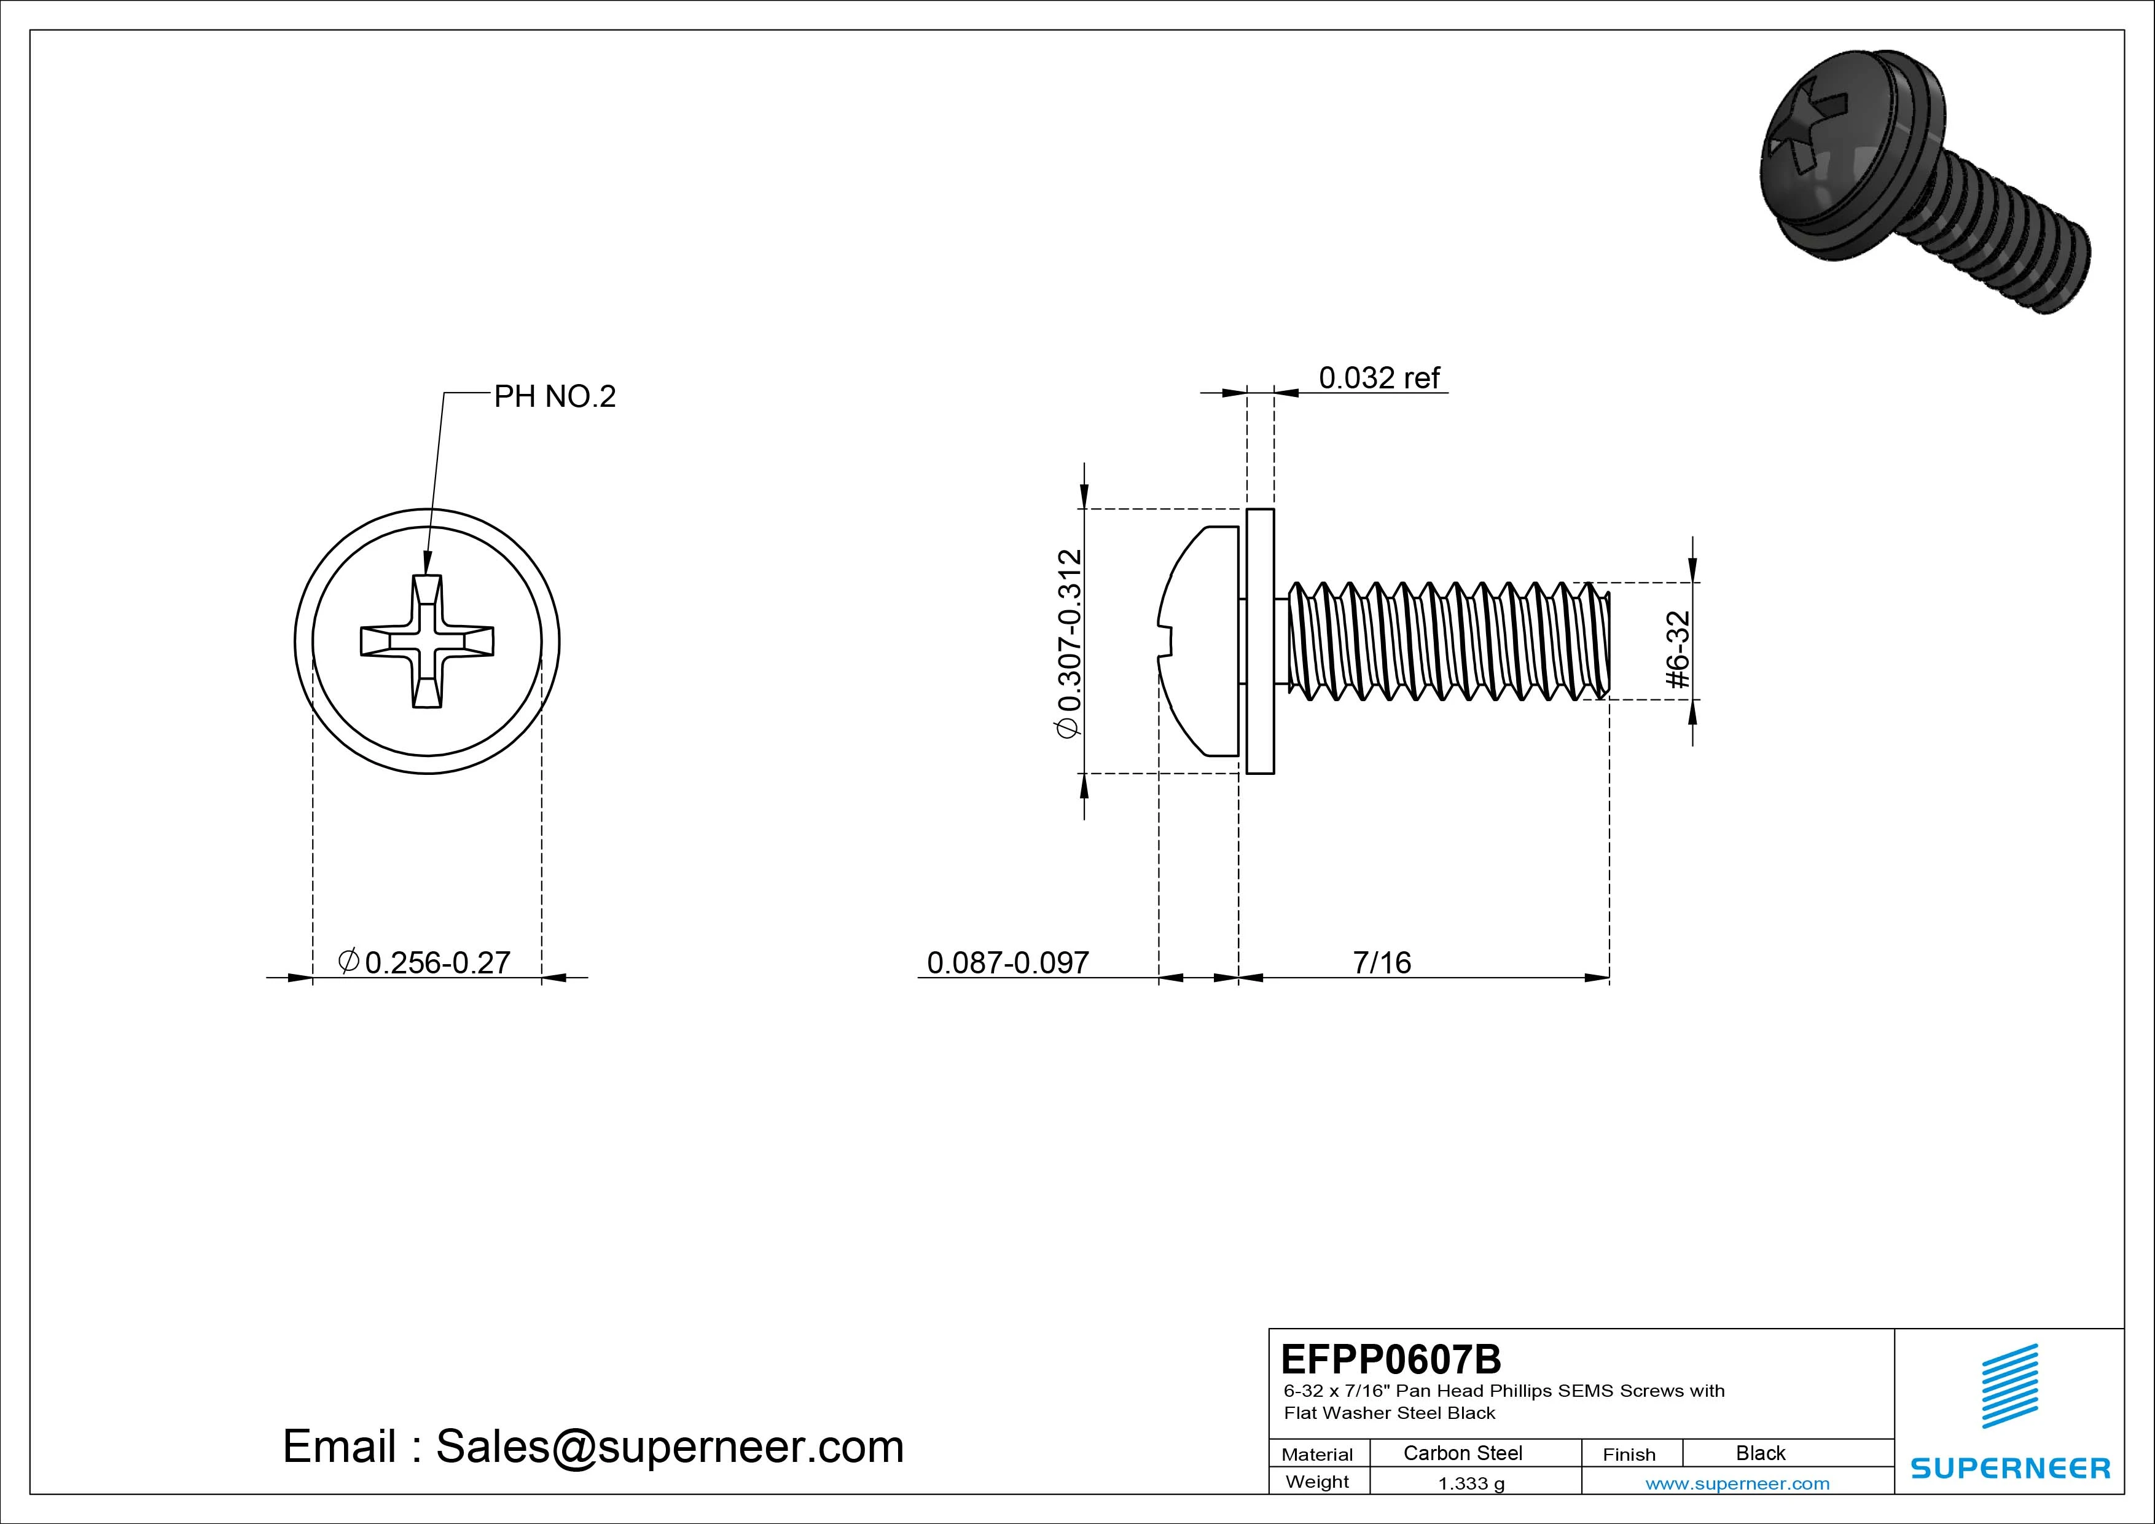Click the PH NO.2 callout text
(x=555, y=396)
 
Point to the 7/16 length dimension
(x=1382, y=962)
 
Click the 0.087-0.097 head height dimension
(x=1007, y=962)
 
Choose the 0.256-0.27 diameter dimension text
(x=436, y=962)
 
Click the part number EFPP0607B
(x=1390, y=1359)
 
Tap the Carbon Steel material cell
(x=1462, y=1453)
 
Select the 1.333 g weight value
(x=1471, y=1483)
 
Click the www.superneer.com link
(x=1737, y=1483)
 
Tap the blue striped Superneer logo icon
(x=2009, y=1386)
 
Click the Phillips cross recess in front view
(x=427, y=642)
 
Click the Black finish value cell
(x=1760, y=1453)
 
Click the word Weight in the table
(x=1317, y=1482)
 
